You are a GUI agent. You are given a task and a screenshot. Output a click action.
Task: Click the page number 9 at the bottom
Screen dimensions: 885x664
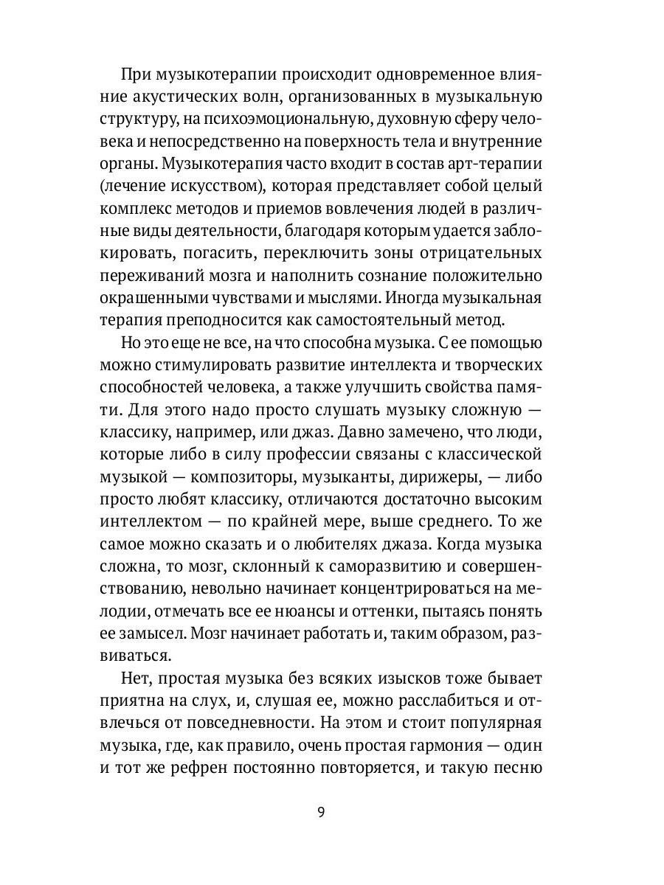pyautogui.click(x=319, y=813)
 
